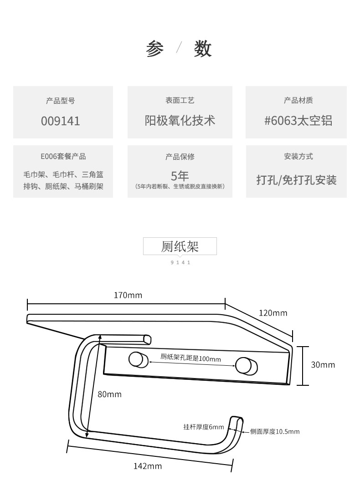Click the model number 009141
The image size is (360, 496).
pyautogui.click(x=61, y=121)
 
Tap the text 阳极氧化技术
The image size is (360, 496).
pyautogui.click(x=180, y=121)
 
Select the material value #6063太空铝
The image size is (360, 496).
pyautogui.click(x=298, y=121)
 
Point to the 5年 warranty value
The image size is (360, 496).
pyautogui.click(x=180, y=176)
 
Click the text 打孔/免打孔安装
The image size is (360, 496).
pyautogui.click(x=296, y=180)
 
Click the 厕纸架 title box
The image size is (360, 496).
pyautogui.click(x=180, y=246)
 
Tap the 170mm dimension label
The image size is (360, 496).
pyautogui.click(x=128, y=295)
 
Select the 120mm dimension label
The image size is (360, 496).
pyautogui.click(x=273, y=313)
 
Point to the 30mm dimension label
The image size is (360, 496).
pyautogui.click(x=323, y=364)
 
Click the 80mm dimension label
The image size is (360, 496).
pyautogui.click(x=109, y=394)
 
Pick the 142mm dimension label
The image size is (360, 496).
pyautogui.click(x=147, y=466)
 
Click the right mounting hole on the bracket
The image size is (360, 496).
pyautogui.click(x=242, y=364)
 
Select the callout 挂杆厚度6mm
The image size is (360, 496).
pyautogui.click(x=204, y=427)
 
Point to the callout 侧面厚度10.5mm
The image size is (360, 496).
pyautogui.click(x=275, y=431)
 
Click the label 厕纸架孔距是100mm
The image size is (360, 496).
pyautogui.click(x=190, y=358)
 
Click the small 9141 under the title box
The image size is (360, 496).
pyautogui.click(x=180, y=262)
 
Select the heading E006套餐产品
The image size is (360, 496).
pyautogui.click(x=63, y=156)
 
